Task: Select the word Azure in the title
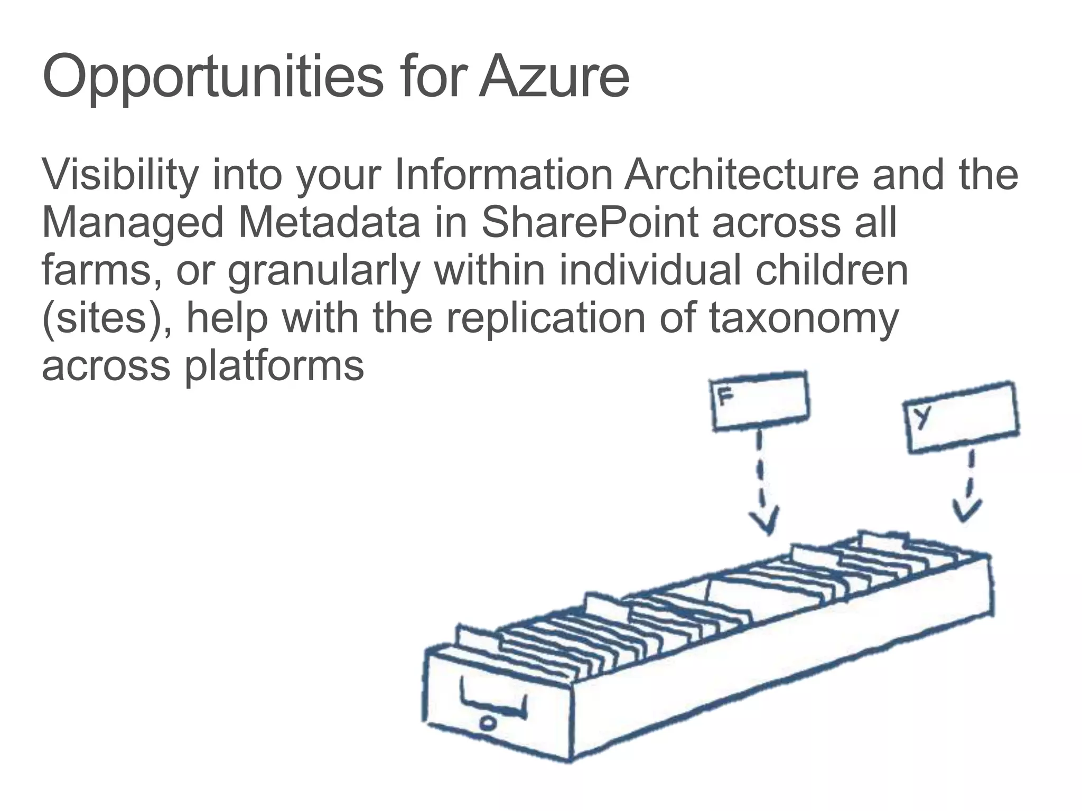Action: tap(554, 77)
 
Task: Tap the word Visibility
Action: tap(120, 175)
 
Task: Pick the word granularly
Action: tap(323, 271)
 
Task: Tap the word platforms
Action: tap(274, 366)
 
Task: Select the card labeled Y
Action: tap(961, 417)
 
